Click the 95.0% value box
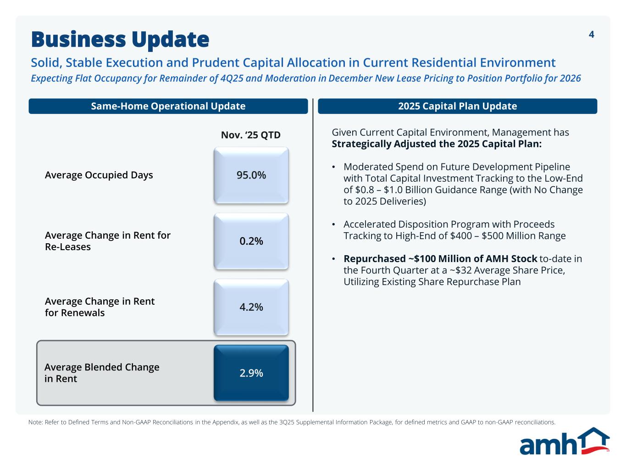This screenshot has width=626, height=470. (251, 175)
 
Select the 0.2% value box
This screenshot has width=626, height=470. (251, 241)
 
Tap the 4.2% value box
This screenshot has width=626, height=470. (251, 307)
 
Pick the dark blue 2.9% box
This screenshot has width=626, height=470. (251, 373)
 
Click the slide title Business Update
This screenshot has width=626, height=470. (120, 39)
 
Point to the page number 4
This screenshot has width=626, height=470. (591, 35)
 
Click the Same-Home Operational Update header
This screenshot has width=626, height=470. (168, 106)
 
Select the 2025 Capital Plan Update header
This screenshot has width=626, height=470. (457, 106)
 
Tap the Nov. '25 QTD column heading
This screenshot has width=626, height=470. (250, 135)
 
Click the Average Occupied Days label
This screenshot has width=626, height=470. (99, 175)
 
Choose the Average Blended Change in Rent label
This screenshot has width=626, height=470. (102, 373)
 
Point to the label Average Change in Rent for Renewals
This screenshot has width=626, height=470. (100, 307)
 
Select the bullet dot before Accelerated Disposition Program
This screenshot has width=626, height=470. (334, 224)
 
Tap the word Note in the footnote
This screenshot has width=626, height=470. (35, 422)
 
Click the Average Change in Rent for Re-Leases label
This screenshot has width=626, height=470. (107, 241)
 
